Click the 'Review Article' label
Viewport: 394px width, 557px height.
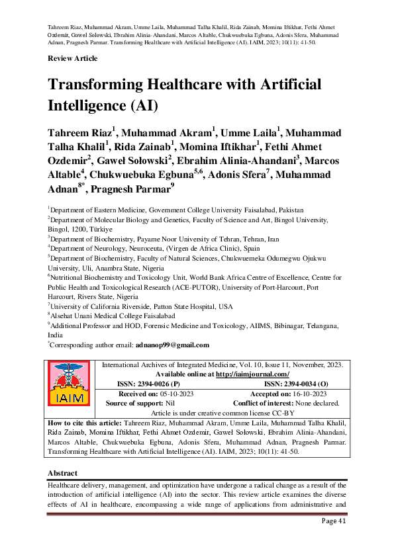coord(72,58)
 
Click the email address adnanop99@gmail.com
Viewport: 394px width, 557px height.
coord(172,345)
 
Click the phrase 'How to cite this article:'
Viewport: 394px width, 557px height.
coord(84,422)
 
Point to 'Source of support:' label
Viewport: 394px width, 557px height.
coord(135,402)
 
